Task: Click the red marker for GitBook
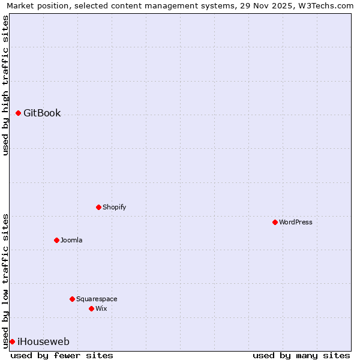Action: [x=19, y=113]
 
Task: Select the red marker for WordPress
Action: [x=275, y=222]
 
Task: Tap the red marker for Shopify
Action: [x=98, y=207]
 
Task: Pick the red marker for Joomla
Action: [x=56, y=240]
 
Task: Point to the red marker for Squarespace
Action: [x=72, y=299]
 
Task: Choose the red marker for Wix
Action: [x=91, y=308]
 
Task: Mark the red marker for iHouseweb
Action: [x=12, y=341]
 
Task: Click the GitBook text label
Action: [x=42, y=113]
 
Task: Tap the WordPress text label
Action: [x=296, y=222]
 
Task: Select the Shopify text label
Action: [x=114, y=207]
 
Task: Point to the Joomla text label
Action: [x=71, y=240]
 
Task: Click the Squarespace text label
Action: [x=97, y=299]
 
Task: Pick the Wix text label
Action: [x=101, y=308]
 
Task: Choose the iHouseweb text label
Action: [x=43, y=342]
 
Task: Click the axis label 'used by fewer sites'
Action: [x=62, y=355]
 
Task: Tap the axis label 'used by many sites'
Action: [x=301, y=355]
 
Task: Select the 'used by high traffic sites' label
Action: [x=5, y=85]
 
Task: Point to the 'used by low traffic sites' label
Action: [x=5, y=280]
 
